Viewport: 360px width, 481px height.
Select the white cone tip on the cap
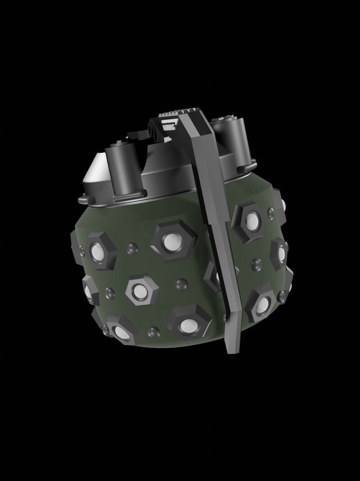(94, 175)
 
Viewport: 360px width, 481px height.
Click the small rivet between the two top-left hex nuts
(132, 249)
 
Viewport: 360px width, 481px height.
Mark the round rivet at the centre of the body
(181, 284)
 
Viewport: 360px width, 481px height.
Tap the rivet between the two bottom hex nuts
(153, 332)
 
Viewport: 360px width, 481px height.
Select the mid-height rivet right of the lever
(256, 264)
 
